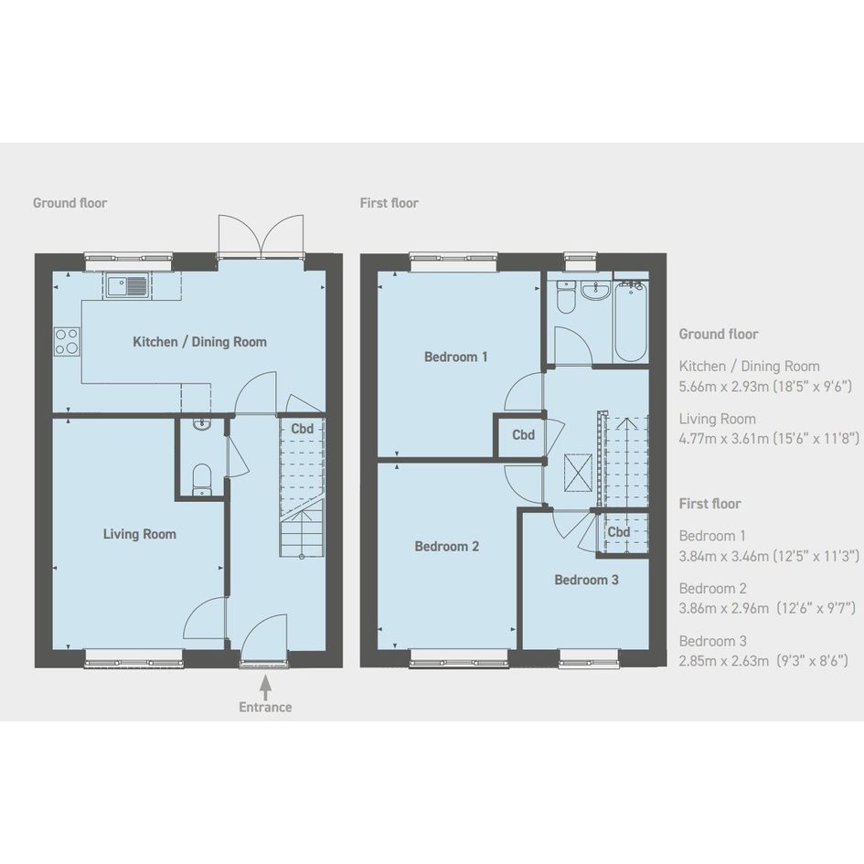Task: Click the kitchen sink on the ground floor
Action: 128,285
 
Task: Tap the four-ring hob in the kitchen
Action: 67,342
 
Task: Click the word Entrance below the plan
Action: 265,707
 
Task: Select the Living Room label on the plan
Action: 139,534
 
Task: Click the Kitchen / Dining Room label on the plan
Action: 199,342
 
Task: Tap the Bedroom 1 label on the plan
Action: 455,357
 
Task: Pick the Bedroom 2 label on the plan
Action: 447,546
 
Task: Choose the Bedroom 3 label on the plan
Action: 586,580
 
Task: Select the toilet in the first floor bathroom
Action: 566,297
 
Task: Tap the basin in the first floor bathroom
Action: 595,291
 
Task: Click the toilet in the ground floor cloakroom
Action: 202,479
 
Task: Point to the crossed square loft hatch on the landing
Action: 578,472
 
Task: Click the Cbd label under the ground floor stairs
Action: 302,429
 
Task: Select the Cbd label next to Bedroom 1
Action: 524,435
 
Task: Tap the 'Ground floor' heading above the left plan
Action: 70,203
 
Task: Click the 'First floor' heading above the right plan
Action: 389,203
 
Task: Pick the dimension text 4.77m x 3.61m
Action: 723,439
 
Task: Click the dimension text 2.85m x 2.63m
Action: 723,660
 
